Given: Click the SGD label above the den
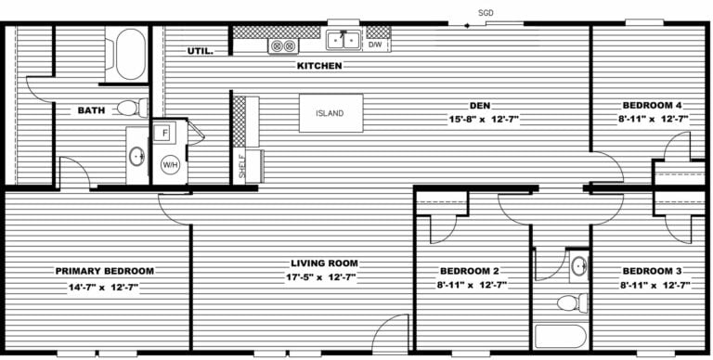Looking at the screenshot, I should [485, 13].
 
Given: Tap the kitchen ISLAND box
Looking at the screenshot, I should [330, 114].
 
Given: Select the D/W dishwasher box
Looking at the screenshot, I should [376, 44].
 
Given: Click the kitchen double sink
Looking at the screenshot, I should [344, 40].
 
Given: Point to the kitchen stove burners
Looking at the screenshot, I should [281, 45].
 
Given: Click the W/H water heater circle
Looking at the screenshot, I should [170, 165].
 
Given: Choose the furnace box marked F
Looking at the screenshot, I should [164, 133].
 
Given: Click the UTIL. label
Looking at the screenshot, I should [200, 51].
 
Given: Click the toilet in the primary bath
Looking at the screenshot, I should [133, 108].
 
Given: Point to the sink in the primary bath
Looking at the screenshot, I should [136, 155].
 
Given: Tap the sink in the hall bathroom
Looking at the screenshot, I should [578, 267].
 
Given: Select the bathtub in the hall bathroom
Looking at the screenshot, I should [561, 338].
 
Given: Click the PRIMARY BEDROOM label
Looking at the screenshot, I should [104, 271].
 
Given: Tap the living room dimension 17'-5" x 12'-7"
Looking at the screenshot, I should [323, 276].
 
